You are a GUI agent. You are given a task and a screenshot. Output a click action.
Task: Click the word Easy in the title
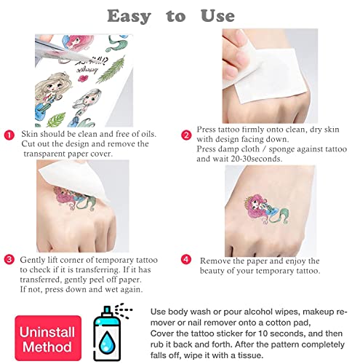click(129, 17)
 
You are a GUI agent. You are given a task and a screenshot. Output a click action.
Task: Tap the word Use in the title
click(217, 16)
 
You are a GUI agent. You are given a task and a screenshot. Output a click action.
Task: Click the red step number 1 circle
click(9, 135)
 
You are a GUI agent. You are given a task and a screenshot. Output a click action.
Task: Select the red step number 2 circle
click(186, 135)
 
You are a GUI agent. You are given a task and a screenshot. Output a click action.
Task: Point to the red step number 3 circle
click(9, 260)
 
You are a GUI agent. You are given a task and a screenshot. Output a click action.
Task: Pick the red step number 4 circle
click(186, 259)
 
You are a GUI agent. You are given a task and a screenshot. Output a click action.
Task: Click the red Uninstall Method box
click(48, 338)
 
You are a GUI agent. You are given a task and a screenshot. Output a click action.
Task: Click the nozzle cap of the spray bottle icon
click(107, 312)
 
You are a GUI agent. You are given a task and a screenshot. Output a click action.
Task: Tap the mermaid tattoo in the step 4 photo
click(266, 209)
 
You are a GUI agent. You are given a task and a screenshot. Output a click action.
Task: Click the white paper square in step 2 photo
click(264, 75)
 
